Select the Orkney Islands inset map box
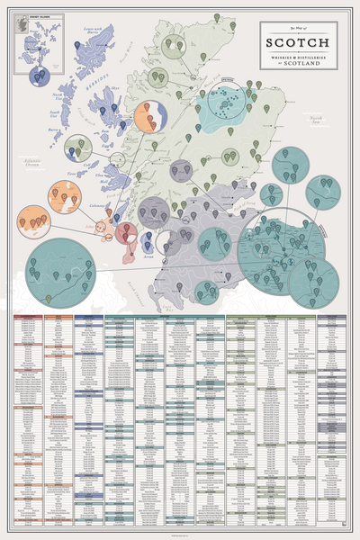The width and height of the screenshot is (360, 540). [30, 40]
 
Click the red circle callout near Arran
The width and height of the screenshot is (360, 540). [126, 234]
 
